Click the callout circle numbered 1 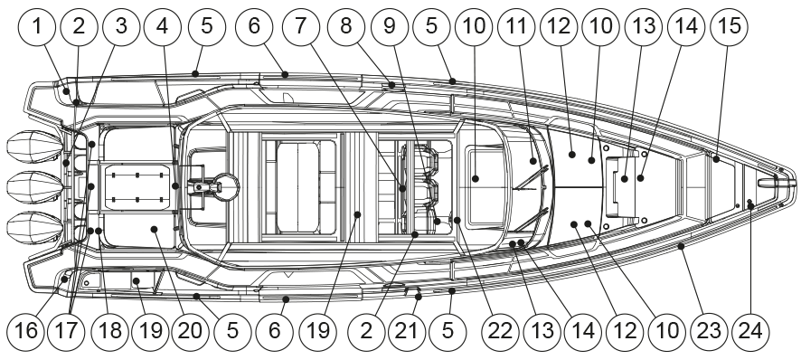37,26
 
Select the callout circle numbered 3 120,26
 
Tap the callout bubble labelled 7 300,26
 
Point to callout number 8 346,26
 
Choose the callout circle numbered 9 390,26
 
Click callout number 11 517,26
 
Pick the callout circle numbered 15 730,26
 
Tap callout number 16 25,331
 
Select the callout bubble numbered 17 68,331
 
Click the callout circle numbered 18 109,331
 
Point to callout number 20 190,331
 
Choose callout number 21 407,331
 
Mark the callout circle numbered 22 500,331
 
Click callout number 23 709,331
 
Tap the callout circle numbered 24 750,331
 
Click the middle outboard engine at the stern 34,187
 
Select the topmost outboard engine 34,147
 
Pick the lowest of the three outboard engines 34,228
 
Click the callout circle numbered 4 163,26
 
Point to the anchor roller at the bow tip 776,183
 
